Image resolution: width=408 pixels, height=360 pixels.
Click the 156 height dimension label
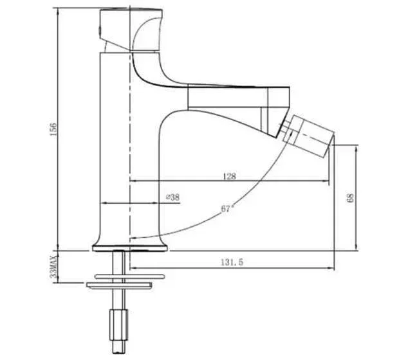click(x=53, y=129)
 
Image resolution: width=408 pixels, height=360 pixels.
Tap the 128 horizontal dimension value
click(x=230, y=176)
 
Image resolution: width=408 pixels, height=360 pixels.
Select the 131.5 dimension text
click(x=232, y=262)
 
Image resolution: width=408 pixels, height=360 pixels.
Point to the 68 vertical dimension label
click(x=351, y=198)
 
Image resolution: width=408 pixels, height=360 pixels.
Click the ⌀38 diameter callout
click(x=172, y=197)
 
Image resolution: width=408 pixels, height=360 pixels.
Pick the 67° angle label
click(x=227, y=208)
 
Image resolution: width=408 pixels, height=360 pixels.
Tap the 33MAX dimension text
click(x=54, y=267)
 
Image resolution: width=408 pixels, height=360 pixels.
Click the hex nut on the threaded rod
click(x=118, y=325)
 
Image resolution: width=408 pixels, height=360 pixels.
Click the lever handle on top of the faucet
click(x=131, y=30)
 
